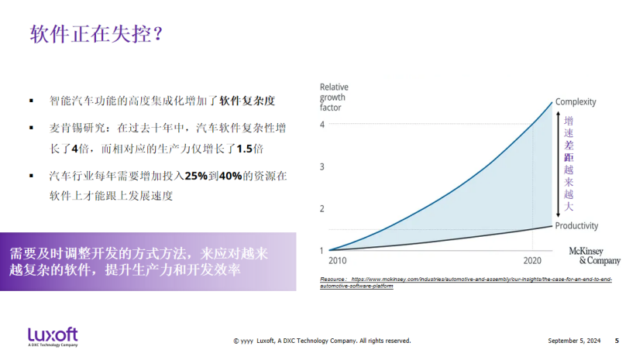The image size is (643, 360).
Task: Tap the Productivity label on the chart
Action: coord(577,225)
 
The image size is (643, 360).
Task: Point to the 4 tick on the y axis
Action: coord(322,124)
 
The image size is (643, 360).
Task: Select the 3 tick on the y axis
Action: coord(322,166)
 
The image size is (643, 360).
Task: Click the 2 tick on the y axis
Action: coord(322,209)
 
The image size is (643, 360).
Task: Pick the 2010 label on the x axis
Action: coord(338,261)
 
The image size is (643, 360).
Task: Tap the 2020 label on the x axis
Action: coord(533,261)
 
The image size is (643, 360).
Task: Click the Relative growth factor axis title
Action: coord(334,97)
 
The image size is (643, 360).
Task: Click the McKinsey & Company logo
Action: coord(594,256)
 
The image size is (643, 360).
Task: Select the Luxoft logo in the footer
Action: coord(53,337)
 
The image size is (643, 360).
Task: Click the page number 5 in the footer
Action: coord(617,341)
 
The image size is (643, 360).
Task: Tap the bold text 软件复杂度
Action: coord(248,101)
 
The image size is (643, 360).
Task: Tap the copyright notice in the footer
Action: coord(321,341)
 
